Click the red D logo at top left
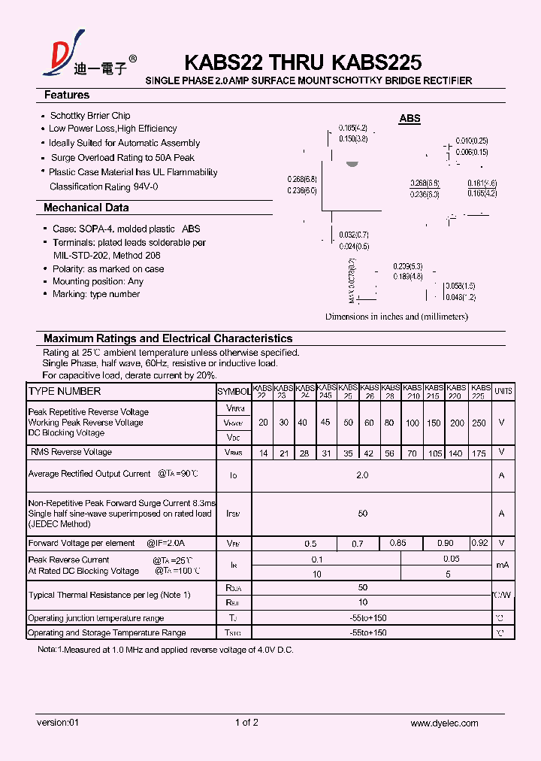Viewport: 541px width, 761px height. (x=59, y=61)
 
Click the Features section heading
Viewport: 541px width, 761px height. (x=67, y=96)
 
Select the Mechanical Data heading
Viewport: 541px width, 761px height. (x=86, y=208)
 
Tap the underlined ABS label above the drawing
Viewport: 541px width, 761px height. (x=410, y=119)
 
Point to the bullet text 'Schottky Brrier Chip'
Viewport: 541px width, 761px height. (x=89, y=116)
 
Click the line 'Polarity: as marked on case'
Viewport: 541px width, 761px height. (x=108, y=268)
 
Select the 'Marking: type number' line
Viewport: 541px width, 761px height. (x=96, y=294)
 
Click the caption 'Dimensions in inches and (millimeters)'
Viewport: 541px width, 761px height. (x=396, y=317)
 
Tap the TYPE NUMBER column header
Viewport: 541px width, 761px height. (x=64, y=392)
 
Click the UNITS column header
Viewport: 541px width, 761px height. (x=503, y=392)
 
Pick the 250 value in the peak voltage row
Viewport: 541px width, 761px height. (x=479, y=423)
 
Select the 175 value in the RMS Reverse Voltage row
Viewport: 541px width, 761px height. (x=479, y=453)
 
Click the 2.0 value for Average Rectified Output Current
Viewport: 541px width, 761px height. (x=362, y=475)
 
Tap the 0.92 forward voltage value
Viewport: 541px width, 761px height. (x=479, y=542)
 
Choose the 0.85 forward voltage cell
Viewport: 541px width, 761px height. (x=398, y=542)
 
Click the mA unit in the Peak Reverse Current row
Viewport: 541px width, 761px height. (x=502, y=565)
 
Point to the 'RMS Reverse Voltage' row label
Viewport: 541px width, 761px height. (x=71, y=452)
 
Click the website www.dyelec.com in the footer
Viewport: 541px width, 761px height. (x=444, y=723)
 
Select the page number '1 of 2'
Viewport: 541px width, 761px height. (x=246, y=723)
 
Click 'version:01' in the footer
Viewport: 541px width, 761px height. (x=58, y=723)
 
